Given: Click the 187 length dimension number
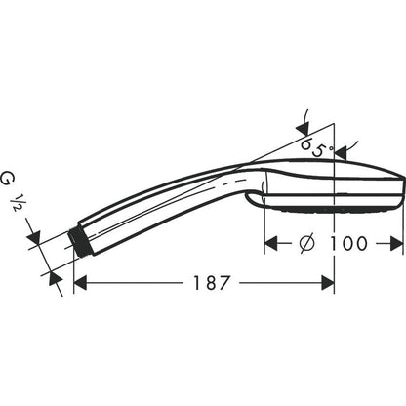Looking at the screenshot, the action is pos(212,283).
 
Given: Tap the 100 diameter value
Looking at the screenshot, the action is pos(348,243).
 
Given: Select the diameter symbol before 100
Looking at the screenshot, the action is pos(307,243).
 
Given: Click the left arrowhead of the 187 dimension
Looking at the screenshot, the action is pos(81,283).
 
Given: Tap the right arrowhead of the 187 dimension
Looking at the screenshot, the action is pos(328,283).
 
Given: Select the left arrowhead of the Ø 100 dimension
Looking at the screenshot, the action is pos(271,243).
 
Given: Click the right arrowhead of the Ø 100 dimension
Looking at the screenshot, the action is pos(396,243).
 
